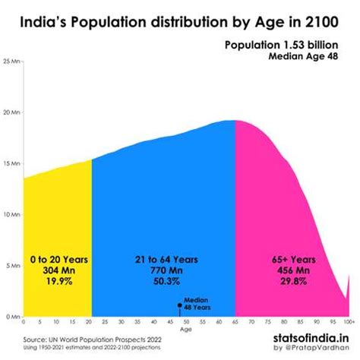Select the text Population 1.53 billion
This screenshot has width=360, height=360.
(x=287, y=46)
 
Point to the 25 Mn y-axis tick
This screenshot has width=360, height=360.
(x=11, y=59)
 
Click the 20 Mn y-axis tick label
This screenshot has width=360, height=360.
(x=11, y=111)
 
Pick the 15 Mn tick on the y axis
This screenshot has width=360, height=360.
(x=11, y=163)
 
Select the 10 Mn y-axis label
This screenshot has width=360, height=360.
(x=11, y=213)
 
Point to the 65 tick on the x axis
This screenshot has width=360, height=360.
(x=235, y=322)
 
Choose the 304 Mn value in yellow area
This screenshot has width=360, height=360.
(x=57, y=270)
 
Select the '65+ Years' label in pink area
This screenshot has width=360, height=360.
(x=292, y=259)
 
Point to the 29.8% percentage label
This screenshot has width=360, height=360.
(x=292, y=281)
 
